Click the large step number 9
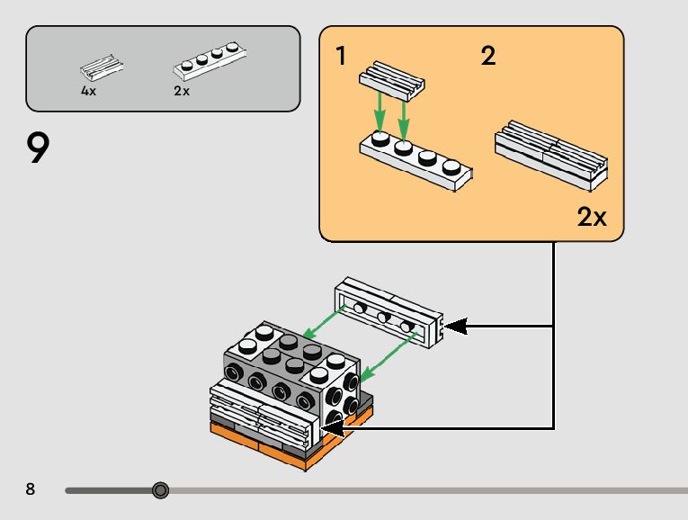[x=38, y=148]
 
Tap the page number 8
[x=31, y=489]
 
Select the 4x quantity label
[x=88, y=91]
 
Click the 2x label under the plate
[x=182, y=91]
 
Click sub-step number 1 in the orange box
[x=341, y=57]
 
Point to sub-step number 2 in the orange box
[x=487, y=57]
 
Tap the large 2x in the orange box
[x=592, y=217]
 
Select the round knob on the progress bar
[x=160, y=490]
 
